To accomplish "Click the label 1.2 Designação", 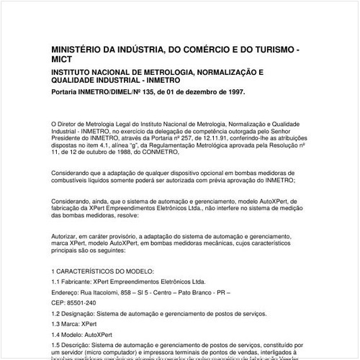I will pyautogui.click(x=77, y=315).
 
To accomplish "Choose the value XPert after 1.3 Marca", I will pyautogui.click(x=91, y=325).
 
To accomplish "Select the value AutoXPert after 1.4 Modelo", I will pyautogui.click(x=102, y=336).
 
